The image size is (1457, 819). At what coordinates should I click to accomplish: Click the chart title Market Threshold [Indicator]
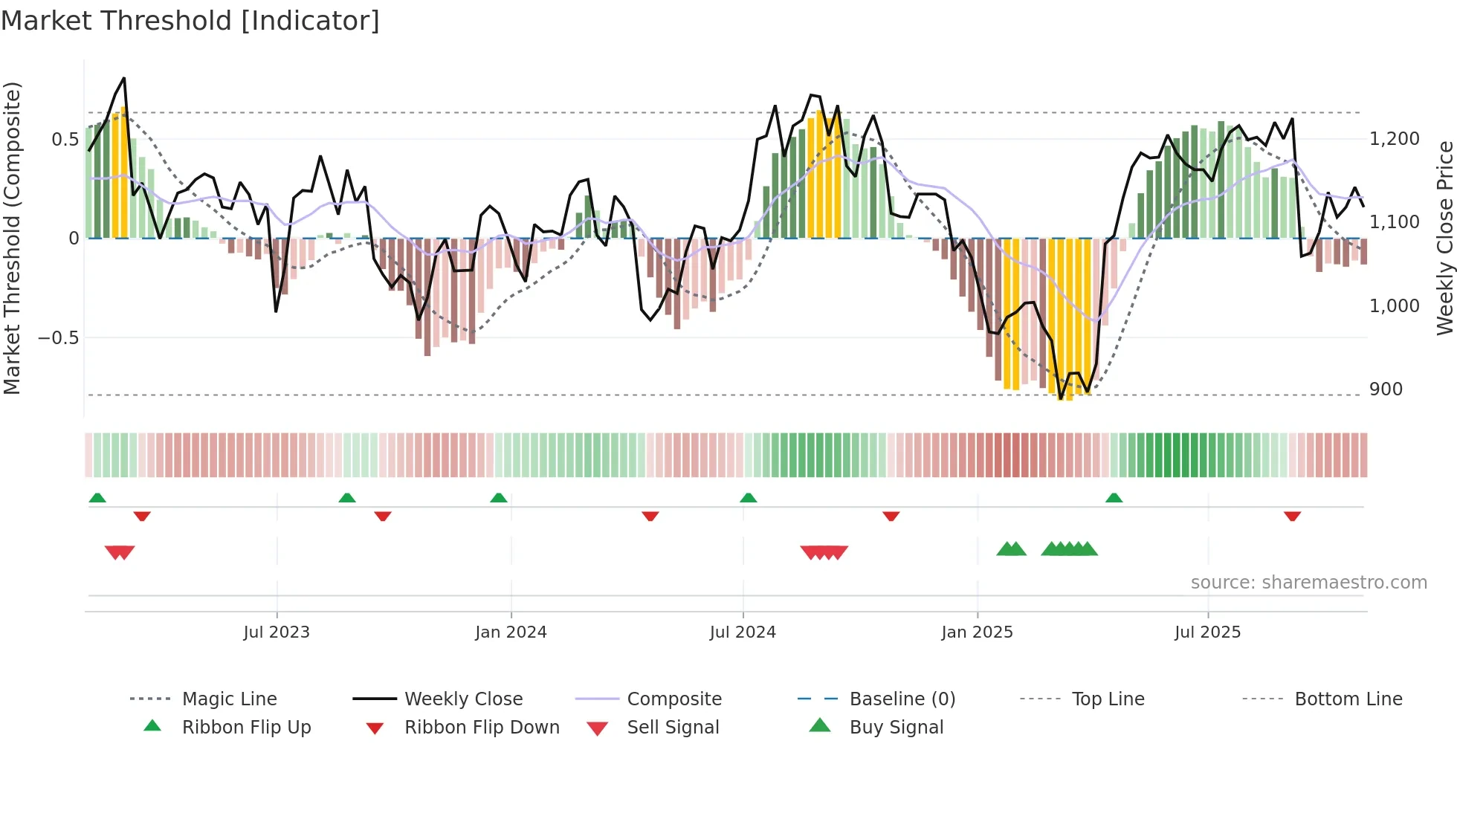190,21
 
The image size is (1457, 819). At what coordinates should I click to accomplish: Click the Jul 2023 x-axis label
276,632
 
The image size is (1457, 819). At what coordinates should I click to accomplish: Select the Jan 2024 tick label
511,632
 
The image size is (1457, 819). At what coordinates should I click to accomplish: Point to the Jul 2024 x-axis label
743,632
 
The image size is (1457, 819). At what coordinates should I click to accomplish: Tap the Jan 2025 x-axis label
977,632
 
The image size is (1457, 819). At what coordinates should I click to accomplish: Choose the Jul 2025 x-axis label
1207,632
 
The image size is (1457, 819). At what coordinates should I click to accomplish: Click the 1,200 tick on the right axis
1394,139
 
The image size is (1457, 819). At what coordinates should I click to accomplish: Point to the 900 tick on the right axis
1386,389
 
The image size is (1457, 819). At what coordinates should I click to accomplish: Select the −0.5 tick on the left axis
58,338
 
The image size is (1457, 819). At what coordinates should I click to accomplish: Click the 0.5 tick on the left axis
65,140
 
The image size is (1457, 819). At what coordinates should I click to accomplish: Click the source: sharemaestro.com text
1308,583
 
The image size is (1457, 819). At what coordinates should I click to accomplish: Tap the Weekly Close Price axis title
1444,238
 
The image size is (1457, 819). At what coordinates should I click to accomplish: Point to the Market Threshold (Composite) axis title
12,238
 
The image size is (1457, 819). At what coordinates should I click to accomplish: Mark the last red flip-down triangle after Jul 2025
1292,516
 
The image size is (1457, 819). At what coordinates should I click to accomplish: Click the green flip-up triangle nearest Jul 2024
749,498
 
